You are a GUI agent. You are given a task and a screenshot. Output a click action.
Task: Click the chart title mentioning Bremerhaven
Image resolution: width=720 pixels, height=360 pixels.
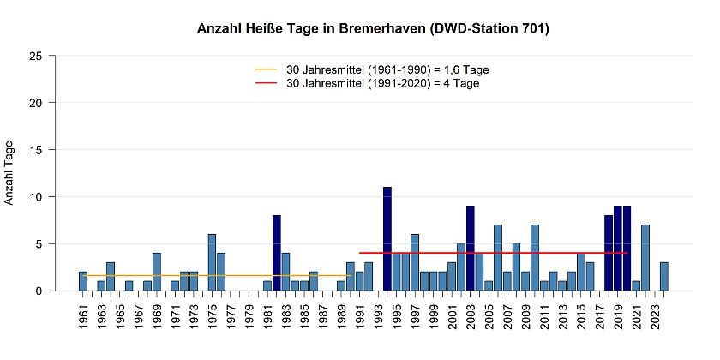click(x=373, y=29)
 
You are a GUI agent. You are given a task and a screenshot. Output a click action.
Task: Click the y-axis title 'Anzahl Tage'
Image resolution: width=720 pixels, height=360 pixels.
click(x=10, y=172)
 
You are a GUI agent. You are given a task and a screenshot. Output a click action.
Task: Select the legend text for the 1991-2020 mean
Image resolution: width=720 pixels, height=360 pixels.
click(x=382, y=83)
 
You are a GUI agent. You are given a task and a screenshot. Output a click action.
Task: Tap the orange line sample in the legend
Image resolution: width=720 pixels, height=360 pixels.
click(x=267, y=69)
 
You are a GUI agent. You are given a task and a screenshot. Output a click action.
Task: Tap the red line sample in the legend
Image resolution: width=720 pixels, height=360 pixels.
click(x=267, y=83)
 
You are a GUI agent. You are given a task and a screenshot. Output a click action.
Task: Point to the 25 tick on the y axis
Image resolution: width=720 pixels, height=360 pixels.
click(x=36, y=56)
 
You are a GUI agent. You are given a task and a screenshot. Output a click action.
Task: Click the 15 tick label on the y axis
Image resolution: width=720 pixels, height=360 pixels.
click(x=36, y=150)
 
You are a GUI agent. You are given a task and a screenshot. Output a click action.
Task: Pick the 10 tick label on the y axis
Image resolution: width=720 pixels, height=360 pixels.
click(x=36, y=197)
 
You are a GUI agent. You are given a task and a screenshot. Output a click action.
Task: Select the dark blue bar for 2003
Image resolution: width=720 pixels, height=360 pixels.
click(x=471, y=249)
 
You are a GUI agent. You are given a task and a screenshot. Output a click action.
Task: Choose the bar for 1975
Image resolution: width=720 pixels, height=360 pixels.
click(x=212, y=262)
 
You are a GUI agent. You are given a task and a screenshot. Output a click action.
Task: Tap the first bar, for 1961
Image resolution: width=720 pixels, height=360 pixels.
click(x=83, y=281)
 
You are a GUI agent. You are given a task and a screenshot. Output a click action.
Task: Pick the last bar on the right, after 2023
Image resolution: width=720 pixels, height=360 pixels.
click(x=664, y=277)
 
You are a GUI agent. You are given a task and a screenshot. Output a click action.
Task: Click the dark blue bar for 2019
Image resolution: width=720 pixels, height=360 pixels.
click(x=618, y=249)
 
